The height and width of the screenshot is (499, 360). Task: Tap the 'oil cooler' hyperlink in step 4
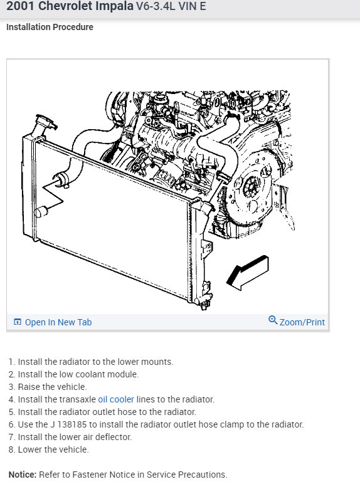(116, 399)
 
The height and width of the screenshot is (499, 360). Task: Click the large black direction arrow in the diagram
(247, 273)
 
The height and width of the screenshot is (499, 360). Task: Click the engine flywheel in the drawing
(251, 188)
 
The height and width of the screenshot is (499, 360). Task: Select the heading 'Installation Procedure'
(50, 27)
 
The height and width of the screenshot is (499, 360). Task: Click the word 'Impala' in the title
(117, 6)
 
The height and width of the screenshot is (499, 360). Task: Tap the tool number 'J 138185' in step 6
(68, 424)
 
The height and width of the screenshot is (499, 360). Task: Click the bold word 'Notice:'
(23, 475)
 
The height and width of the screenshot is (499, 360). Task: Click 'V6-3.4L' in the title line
(156, 6)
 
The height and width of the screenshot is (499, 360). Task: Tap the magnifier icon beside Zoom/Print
(273, 320)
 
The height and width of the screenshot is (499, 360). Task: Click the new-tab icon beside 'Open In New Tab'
(18, 322)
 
